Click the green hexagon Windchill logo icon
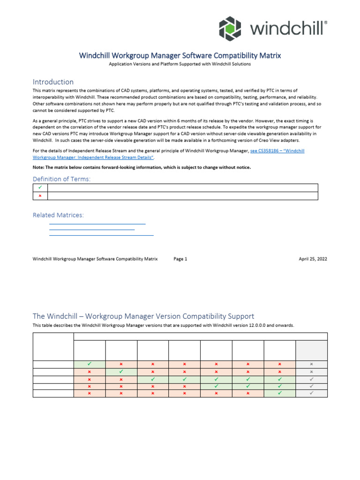pos(230,28)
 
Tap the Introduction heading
pos(53,82)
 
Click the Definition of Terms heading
pos(61,179)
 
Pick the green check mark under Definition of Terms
pos(40,187)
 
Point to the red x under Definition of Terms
pos(40,196)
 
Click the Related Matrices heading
pos(58,215)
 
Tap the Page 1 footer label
pos(180,259)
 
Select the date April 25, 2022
pos(313,259)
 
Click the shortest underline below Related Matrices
pos(92,229)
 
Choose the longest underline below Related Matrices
pos(101,234)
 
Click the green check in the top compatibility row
pos(90,364)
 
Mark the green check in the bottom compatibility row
pos(280,393)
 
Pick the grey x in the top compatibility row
pos(311,364)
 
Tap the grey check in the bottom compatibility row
pos(311,393)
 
